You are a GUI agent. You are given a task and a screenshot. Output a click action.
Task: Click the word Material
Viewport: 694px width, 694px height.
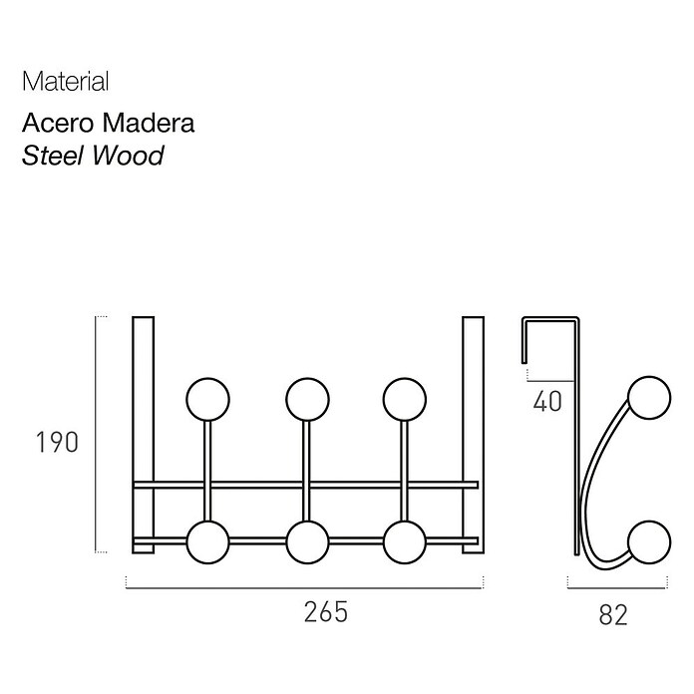coord(66,82)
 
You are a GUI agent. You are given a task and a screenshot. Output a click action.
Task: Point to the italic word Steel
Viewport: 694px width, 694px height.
coord(53,156)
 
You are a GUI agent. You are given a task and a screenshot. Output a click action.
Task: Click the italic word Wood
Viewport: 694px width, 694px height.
coord(128,156)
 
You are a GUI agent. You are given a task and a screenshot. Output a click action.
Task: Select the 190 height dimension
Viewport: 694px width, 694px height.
coord(57,442)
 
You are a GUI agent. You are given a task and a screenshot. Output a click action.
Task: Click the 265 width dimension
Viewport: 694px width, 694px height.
coord(326,612)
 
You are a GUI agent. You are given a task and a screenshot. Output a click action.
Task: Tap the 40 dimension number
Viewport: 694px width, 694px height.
coord(547,402)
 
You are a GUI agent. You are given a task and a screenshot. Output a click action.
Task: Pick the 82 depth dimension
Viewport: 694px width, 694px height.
coord(613,615)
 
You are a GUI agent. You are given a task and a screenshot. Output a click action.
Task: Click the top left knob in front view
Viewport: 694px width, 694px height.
coord(208,399)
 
